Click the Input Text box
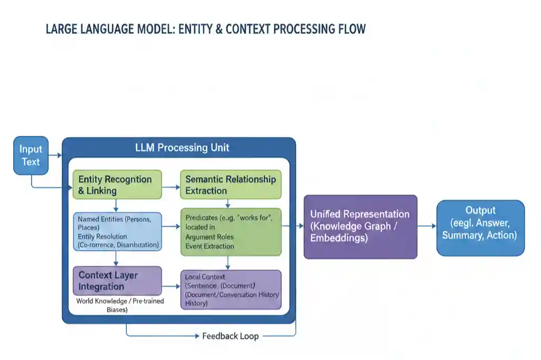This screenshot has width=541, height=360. pyautogui.click(x=31, y=156)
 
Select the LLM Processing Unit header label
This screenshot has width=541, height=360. pyautogui.click(x=182, y=147)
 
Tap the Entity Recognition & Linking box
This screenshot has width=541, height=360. pyautogui.click(x=116, y=185)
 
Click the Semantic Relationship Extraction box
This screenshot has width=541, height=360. pyautogui.click(x=230, y=185)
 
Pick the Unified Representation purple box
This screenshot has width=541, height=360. pyautogui.click(x=360, y=226)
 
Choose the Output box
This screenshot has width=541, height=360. pyautogui.click(x=480, y=228)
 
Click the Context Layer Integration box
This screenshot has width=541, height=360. pyautogui.click(x=117, y=281)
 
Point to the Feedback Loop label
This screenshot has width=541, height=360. pyautogui.click(x=230, y=336)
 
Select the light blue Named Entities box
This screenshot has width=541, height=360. pyautogui.click(x=117, y=232)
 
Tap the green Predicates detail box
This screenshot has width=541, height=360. pyautogui.click(x=230, y=232)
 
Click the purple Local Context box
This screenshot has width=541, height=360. pyautogui.click(x=230, y=290)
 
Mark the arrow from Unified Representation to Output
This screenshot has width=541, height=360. pyautogui.click(x=427, y=226)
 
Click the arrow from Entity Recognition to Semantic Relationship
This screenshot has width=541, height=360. pyautogui.click(x=170, y=187)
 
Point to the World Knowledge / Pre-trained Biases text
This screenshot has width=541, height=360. pyautogui.click(x=120, y=306)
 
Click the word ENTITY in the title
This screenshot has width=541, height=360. pyautogui.click(x=196, y=29)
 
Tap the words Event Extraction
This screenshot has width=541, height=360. pyautogui.click(x=210, y=246)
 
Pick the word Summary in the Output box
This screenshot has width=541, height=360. pyautogui.click(x=461, y=235)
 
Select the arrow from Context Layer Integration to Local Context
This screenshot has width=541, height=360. pyautogui.click(x=171, y=287)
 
